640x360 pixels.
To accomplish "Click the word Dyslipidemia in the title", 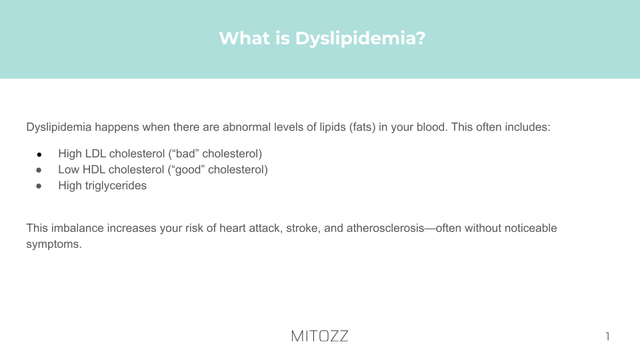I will click(361, 39).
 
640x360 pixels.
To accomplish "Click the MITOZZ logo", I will click(319, 336).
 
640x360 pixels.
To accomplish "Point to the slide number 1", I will click(607, 336).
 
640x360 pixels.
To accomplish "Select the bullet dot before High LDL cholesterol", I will click(39, 154).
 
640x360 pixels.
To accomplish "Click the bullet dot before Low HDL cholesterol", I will click(39, 170).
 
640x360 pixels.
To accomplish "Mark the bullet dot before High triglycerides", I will click(39, 186).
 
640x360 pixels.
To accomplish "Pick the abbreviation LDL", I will click(96, 153).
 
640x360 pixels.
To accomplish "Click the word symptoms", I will click(54, 244).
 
